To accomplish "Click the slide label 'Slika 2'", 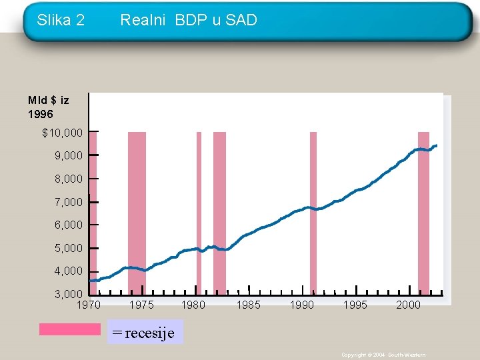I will tap(61, 21).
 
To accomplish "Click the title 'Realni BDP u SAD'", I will tap(189, 21).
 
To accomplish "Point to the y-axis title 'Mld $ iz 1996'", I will tap(48, 107).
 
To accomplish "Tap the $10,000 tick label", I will tap(63, 133).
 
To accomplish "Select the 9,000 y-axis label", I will tap(69, 155).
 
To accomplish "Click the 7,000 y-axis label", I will tap(69, 201).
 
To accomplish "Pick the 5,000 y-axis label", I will tap(69, 248).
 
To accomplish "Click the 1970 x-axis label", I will tap(89, 305).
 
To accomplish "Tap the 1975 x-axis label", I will tap(141, 305).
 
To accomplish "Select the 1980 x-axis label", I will tap(193, 305).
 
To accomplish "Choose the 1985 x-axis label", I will tap(249, 305).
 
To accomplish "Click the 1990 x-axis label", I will tap(302, 305).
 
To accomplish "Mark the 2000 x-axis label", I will tap(408, 305).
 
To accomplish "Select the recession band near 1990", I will tap(313, 213).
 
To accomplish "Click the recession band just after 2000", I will tap(423, 213).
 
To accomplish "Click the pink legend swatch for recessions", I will tap(69, 329).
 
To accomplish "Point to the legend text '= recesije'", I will tap(143, 332).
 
